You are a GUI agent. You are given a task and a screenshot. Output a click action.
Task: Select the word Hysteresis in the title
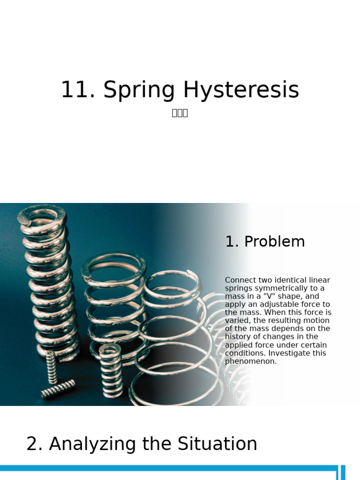click(x=241, y=90)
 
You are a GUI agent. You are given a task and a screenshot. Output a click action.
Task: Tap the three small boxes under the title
click(x=180, y=113)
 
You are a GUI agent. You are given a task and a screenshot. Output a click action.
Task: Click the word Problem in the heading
click(x=274, y=242)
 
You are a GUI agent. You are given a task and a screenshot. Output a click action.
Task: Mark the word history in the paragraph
click(x=240, y=337)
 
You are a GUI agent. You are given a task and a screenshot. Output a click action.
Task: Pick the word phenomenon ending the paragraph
click(x=251, y=362)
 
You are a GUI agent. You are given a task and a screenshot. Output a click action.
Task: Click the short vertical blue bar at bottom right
click(x=343, y=472)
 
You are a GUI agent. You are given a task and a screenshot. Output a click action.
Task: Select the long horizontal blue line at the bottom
click(x=169, y=468)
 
